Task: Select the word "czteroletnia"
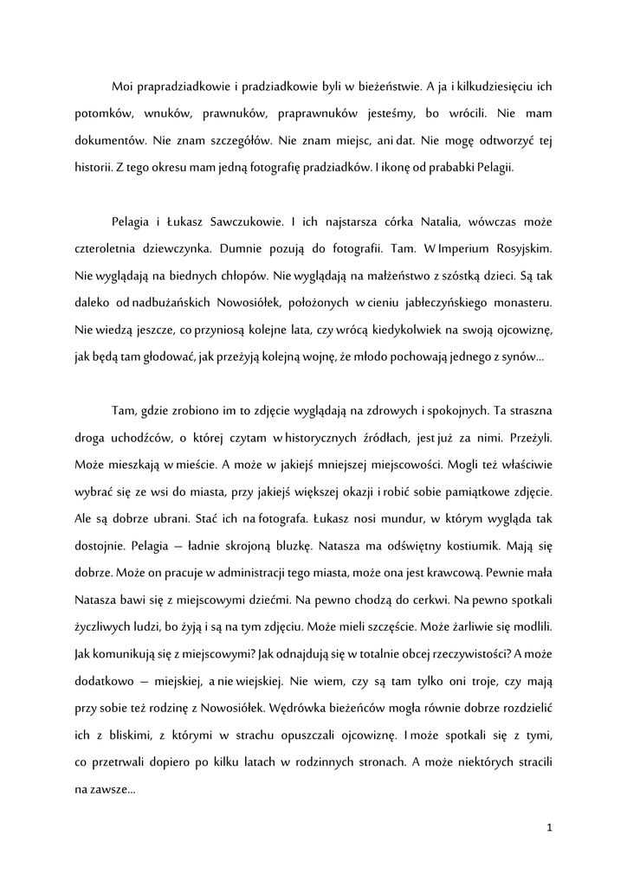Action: [108, 248]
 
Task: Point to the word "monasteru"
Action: [518, 303]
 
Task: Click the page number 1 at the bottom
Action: [549, 827]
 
